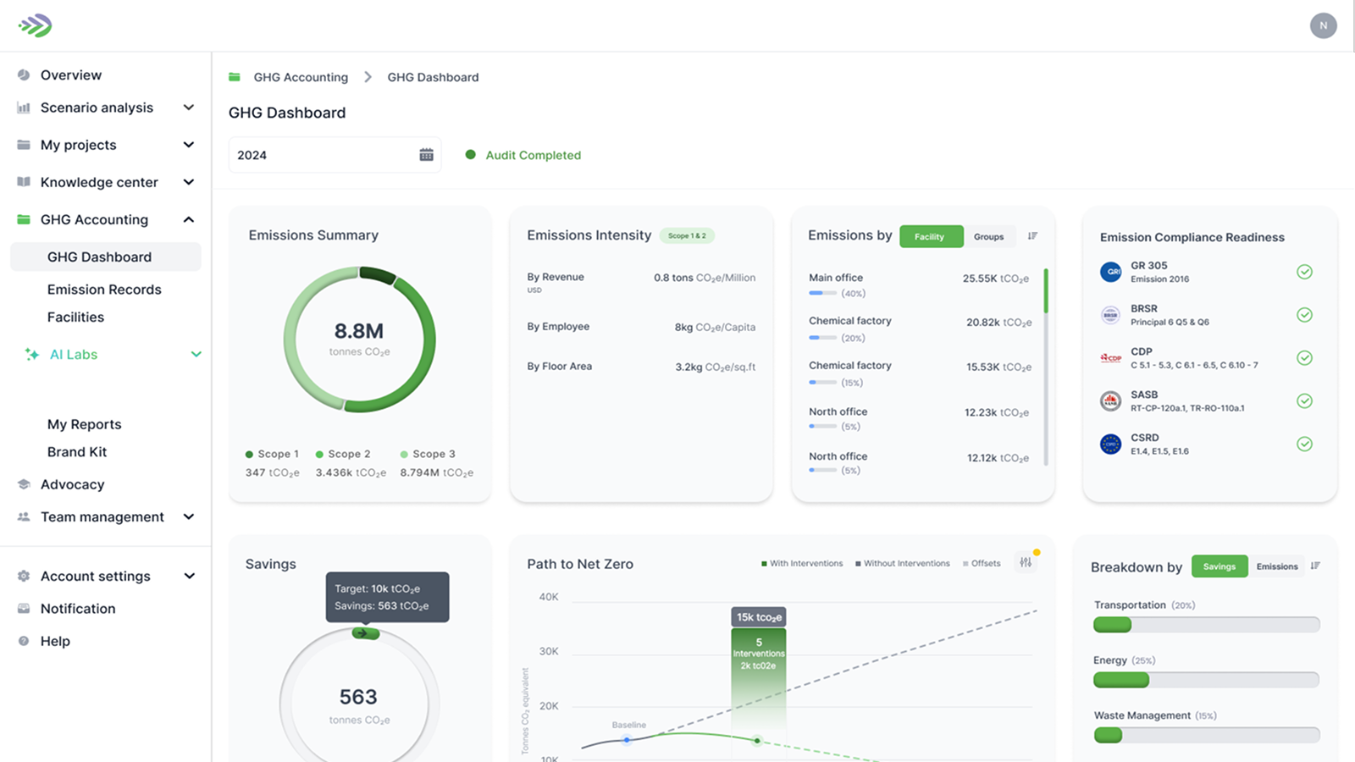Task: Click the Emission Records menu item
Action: (104, 290)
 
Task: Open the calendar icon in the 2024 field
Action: (426, 155)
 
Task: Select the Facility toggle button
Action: (931, 237)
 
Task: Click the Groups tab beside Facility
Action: (988, 237)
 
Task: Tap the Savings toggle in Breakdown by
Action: (1219, 566)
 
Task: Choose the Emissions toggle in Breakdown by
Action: (1276, 566)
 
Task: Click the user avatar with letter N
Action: (1323, 25)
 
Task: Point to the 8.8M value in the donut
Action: (358, 331)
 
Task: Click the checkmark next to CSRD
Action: (1304, 444)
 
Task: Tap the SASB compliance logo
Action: (1110, 401)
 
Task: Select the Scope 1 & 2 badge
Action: (687, 236)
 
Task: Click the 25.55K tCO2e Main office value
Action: (995, 279)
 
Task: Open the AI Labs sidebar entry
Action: (74, 355)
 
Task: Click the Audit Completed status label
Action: (533, 156)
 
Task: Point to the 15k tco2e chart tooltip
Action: (758, 617)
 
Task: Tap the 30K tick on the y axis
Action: (549, 651)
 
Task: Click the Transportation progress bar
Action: (1206, 625)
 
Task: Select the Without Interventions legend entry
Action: (905, 564)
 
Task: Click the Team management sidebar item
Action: (102, 517)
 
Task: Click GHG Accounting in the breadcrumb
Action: (301, 77)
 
